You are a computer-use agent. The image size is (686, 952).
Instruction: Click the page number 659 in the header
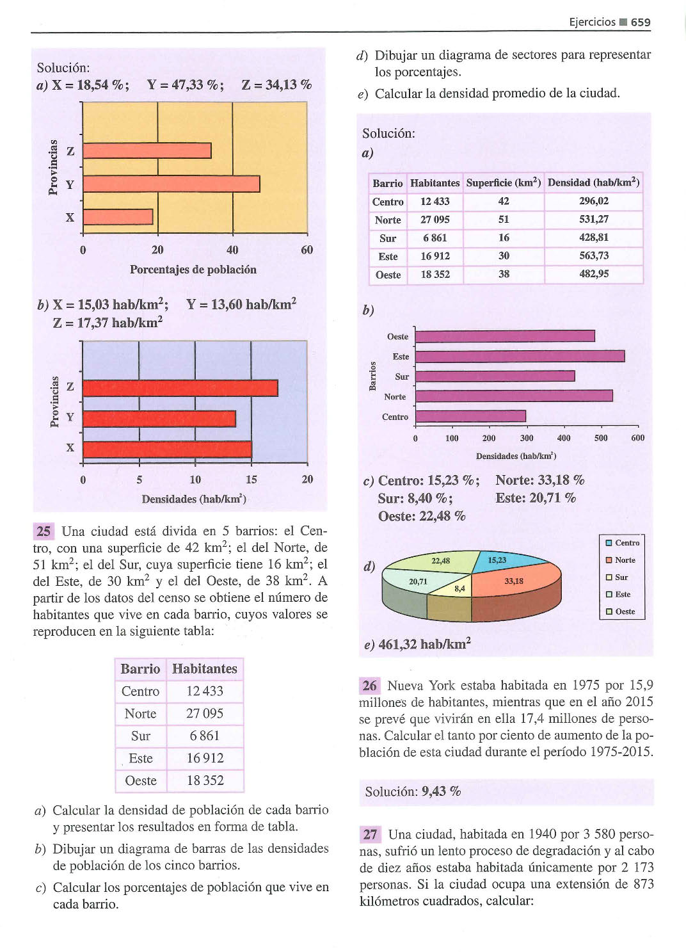coord(641,22)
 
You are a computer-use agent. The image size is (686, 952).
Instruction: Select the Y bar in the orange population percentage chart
coord(171,184)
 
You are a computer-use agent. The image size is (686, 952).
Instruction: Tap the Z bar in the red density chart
coord(180,388)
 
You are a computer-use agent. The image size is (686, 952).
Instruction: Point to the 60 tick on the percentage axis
coord(307,250)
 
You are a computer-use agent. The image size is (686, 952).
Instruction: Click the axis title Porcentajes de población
coord(193,270)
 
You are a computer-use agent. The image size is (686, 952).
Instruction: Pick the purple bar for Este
coord(520,356)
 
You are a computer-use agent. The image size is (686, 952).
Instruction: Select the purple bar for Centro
coord(470,416)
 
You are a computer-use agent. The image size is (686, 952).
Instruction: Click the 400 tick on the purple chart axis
coord(564,438)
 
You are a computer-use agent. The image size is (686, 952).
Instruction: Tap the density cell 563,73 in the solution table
coord(594,256)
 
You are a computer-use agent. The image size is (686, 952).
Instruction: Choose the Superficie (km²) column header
coord(504,182)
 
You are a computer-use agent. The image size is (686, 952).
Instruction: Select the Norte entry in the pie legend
coord(621,560)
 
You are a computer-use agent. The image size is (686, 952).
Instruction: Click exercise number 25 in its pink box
coord(44,531)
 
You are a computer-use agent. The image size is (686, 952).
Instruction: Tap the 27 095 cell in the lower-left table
coord(205,714)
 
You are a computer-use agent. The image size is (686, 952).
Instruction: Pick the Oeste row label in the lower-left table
coord(141,780)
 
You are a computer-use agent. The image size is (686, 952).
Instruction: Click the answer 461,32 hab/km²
coord(424,644)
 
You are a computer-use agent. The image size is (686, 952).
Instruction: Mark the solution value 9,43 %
coord(442,791)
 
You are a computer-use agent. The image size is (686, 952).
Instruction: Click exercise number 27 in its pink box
coord(370,835)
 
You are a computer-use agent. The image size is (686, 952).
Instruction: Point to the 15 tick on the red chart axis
coord(251,480)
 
